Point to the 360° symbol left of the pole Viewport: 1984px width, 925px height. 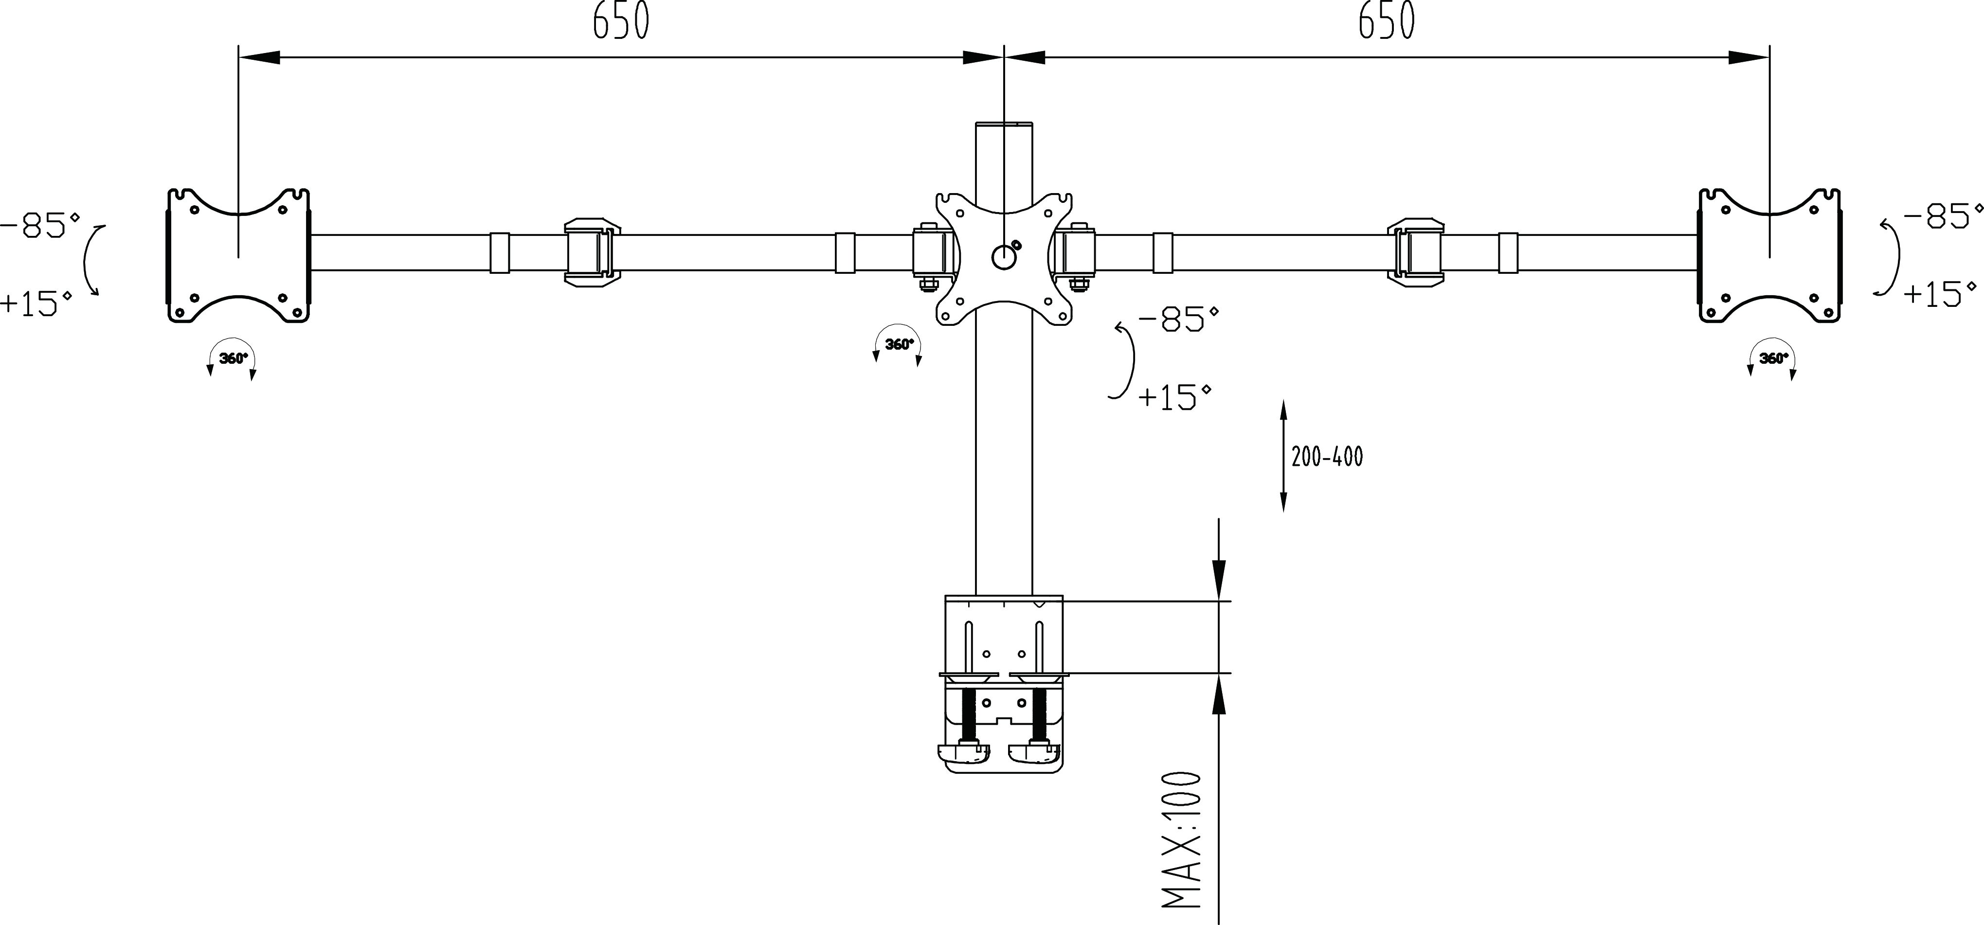898,345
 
